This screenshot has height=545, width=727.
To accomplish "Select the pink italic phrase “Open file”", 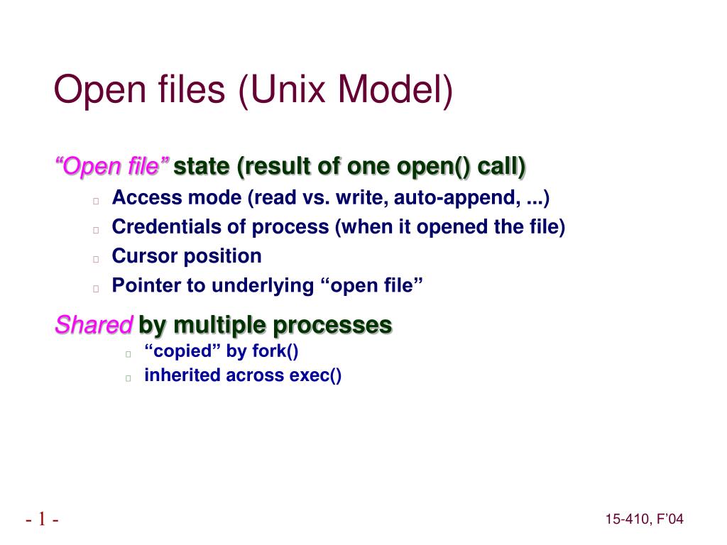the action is tap(112, 167).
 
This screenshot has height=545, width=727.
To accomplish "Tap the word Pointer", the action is tap(146, 286).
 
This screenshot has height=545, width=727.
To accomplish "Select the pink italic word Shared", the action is tap(94, 326).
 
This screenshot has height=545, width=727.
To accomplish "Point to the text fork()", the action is tap(273, 351).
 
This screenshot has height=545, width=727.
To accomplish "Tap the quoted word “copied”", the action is tap(182, 351).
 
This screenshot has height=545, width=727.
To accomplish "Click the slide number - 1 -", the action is tap(42, 520).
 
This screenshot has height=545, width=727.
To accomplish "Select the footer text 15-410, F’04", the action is tap(644, 520).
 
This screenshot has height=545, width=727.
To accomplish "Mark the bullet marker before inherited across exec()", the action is tap(128, 378).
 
